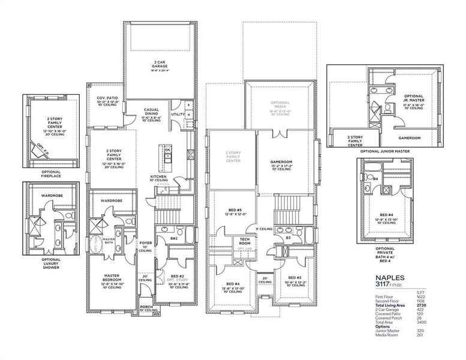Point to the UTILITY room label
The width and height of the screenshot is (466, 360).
tap(178, 114)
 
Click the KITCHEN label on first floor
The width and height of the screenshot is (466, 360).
tap(159, 176)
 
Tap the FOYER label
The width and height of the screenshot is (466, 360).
tap(145, 244)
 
